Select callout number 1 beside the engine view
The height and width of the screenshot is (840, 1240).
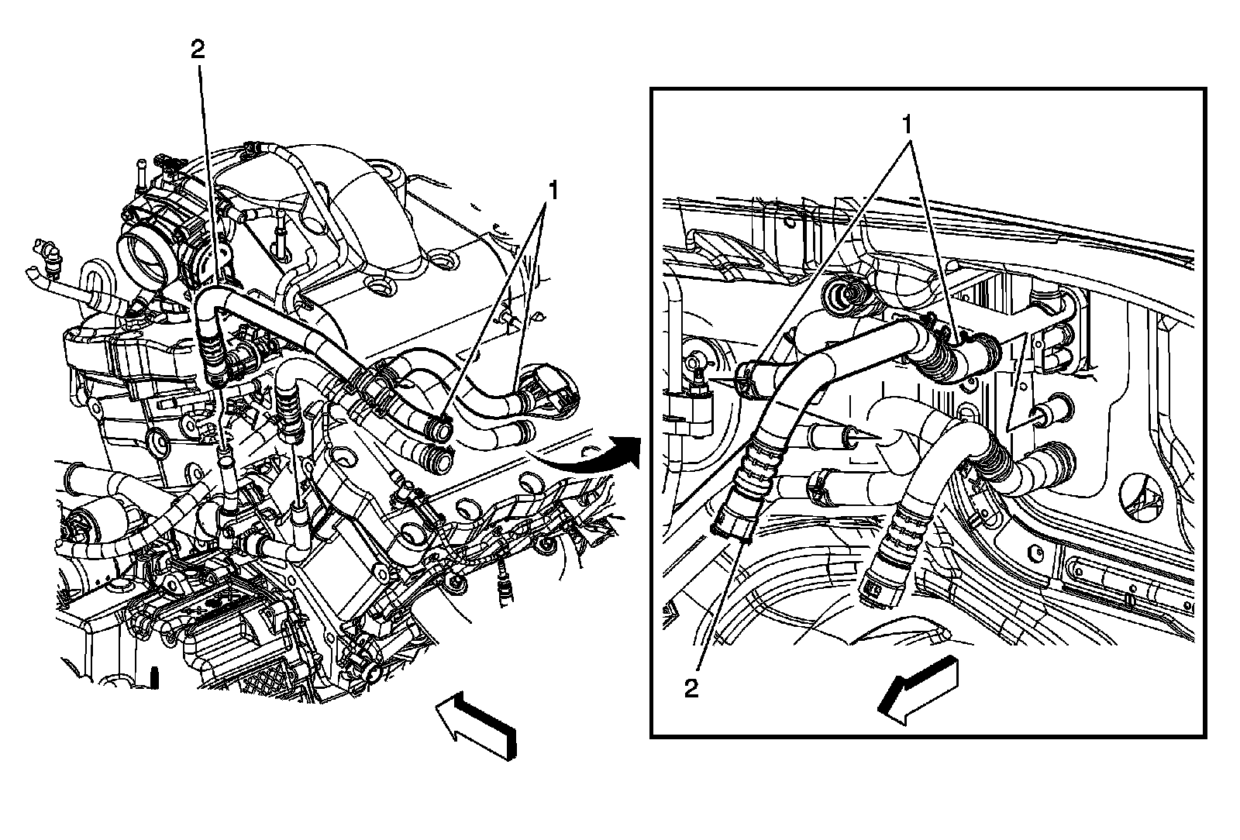pyautogui.click(x=553, y=188)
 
